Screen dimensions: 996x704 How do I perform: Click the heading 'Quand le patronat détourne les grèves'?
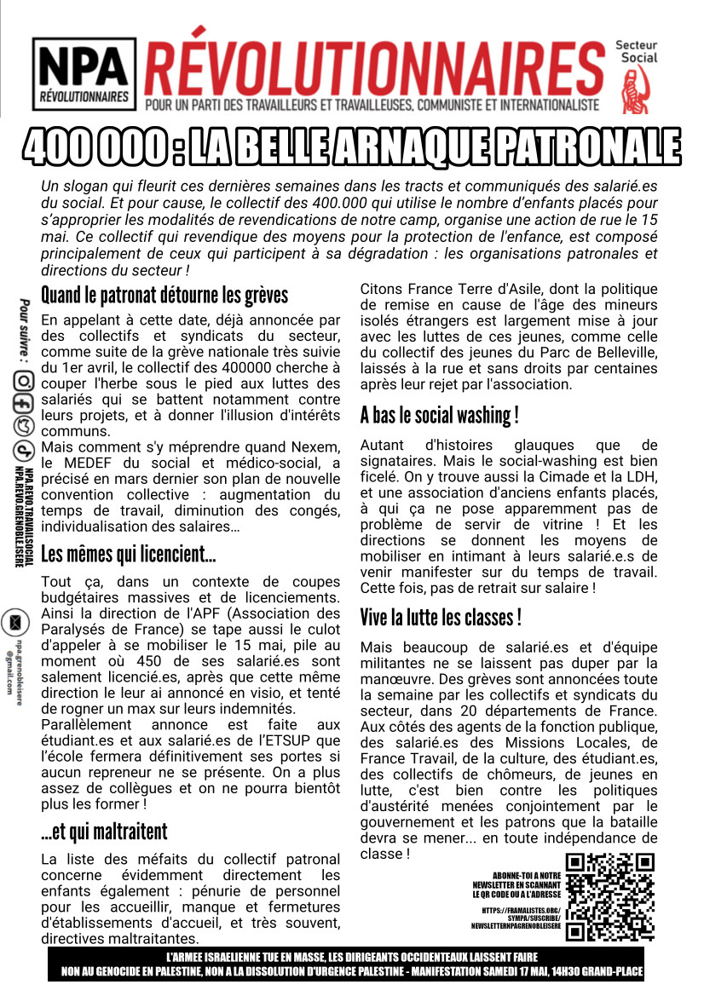point(164,296)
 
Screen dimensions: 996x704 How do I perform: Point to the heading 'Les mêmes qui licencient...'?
point(128,556)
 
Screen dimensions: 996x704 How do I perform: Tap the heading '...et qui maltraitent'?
point(104,832)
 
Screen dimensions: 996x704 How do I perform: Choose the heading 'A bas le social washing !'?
point(439,416)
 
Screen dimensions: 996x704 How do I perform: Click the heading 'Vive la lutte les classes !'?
point(440,617)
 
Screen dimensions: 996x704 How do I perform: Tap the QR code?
point(610,897)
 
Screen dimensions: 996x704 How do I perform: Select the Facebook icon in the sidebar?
point(24,404)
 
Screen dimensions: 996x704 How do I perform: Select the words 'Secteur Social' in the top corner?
point(638,51)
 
